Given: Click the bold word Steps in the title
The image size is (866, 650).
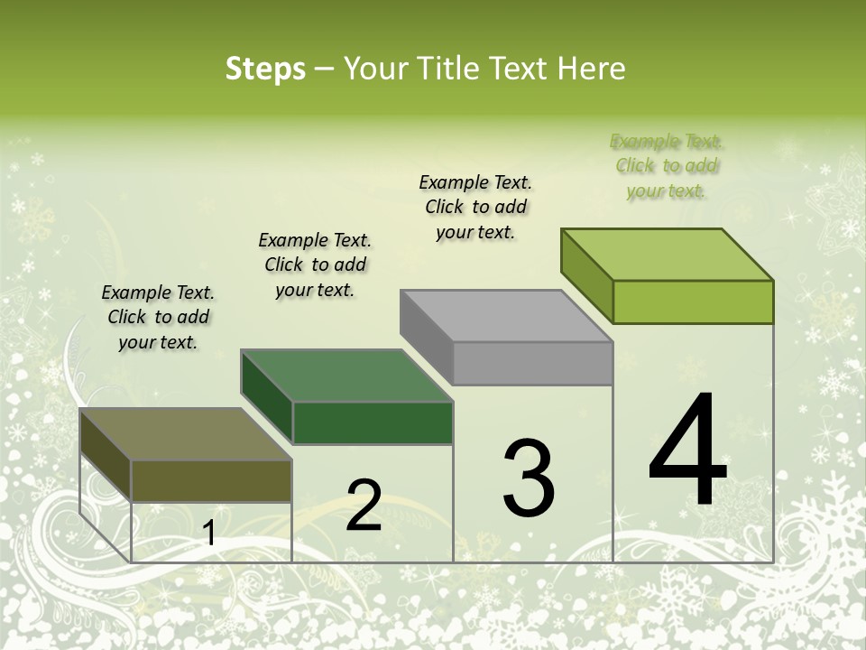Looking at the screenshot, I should pos(265,69).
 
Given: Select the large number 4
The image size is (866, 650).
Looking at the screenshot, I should pos(687,450).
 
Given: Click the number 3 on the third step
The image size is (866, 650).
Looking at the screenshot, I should pos(529,478).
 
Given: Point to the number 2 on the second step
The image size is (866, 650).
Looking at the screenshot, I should pos(364,505).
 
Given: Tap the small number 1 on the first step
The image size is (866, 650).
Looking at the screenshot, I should pos(209,534).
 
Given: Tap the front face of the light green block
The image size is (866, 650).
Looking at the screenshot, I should pos(693,302).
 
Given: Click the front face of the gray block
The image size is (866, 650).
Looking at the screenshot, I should pos(532,364).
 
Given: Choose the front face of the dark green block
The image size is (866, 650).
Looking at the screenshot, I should pos(373,422).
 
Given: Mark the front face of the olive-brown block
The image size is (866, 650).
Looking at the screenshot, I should pos(212,480).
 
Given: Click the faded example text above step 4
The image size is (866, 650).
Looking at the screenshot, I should pos(668,166).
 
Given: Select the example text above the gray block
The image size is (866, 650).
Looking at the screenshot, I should pos(476,207).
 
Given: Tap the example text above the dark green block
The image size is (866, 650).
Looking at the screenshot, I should pos(315,265).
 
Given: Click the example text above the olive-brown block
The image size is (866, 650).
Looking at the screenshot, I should pos(158,317).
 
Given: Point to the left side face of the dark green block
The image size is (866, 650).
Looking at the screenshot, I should pos(267,397).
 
